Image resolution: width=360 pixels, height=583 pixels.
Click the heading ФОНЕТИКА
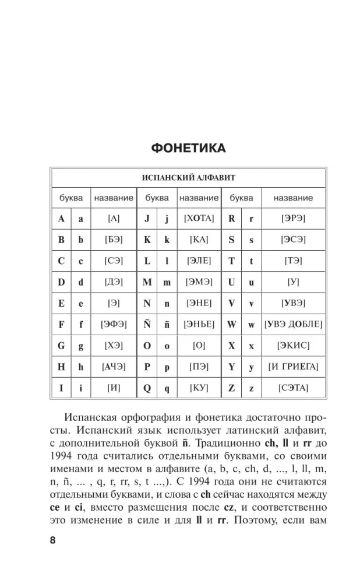[188, 149]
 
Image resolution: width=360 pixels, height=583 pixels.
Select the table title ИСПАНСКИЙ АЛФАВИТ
[188, 177]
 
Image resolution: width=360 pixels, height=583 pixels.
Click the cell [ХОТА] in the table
[199, 219]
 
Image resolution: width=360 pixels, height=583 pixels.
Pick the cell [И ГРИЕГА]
[293, 366]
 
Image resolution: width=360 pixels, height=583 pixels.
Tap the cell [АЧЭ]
[114, 366]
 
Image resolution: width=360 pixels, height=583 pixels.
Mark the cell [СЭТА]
[293, 387]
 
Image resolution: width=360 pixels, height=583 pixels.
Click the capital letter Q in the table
[147, 388]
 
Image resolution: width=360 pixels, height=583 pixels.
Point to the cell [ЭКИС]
[293, 345]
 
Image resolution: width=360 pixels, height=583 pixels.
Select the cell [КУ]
[199, 387]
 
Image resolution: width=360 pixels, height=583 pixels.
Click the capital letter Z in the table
[231, 388]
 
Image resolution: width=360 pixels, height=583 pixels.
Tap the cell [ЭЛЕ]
[199, 261]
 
